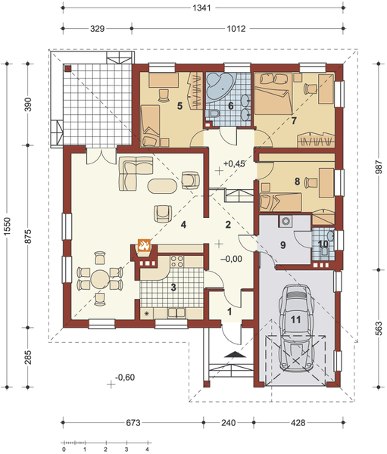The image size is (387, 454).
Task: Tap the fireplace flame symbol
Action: click(143, 247)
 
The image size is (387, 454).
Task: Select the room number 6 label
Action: click(232, 105)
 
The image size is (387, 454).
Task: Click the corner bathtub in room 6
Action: click(224, 85)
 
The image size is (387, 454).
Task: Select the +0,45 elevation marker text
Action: click(235, 163)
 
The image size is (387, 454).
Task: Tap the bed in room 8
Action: click(280, 198)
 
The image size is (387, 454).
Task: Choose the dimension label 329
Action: click(97, 30)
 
